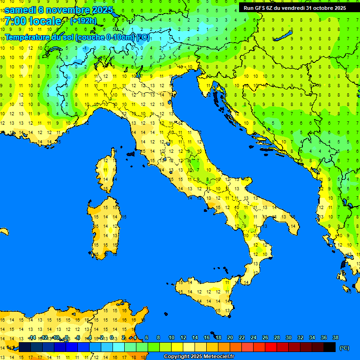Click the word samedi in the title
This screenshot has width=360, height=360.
(21, 9)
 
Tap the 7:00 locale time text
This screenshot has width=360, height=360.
(33, 21)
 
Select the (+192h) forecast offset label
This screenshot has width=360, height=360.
(83, 21)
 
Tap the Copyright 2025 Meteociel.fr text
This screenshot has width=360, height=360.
(199, 357)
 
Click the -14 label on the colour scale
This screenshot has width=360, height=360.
(32, 337)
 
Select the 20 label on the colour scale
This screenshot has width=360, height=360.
(230, 337)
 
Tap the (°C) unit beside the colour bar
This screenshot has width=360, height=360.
(345, 348)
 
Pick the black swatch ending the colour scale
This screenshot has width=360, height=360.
(329, 347)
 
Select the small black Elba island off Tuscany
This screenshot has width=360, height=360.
(131, 153)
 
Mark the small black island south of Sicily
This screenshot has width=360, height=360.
(212, 331)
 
